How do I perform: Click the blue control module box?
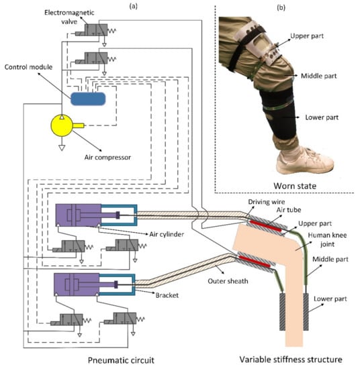click(88, 99)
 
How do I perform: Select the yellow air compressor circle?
click(62, 125)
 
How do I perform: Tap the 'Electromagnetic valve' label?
click(69, 17)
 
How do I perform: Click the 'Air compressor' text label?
click(107, 157)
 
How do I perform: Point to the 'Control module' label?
click(28, 67)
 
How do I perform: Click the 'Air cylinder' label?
click(167, 234)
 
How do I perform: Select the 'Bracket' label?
click(167, 295)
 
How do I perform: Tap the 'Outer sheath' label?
click(228, 281)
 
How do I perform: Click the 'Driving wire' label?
click(266, 202)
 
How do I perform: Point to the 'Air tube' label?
click(289, 210)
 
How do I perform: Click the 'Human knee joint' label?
click(327, 240)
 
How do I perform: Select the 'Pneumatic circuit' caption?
click(121, 360)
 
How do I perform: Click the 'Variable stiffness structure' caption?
click(291, 360)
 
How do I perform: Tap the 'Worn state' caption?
click(295, 186)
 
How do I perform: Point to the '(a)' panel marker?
click(134, 6)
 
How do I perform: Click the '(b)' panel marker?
click(281, 7)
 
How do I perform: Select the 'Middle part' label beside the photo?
click(319, 76)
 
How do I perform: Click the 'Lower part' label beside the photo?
click(322, 117)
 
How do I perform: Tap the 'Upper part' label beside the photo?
click(307, 36)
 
